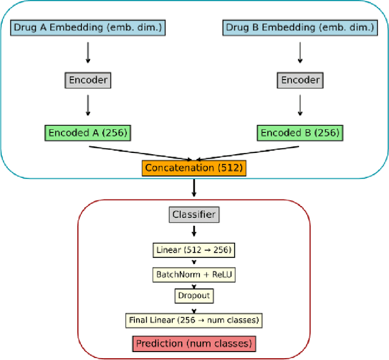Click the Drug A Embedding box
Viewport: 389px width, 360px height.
click(88, 27)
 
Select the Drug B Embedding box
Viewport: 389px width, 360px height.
click(300, 27)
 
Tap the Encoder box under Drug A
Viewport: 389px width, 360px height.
click(88, 80)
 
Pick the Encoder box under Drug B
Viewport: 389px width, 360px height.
click(300, 80)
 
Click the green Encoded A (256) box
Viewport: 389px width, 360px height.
click(88, 132)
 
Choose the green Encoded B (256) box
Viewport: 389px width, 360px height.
click(300, 132)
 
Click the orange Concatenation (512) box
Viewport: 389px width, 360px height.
click(194, 167)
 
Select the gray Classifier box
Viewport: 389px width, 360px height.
click(194, 214)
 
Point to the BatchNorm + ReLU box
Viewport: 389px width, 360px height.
click(194, 274)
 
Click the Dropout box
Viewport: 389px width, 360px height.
click(194, 296)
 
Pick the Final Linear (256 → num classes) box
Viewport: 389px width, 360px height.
click(194, 320)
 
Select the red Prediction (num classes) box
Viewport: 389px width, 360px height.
click(194, 344)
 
